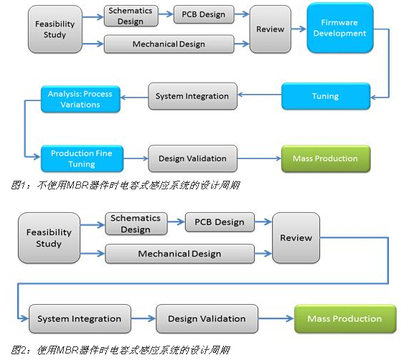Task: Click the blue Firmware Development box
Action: point(340,28)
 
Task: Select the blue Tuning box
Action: point(326,96)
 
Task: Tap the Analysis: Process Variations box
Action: point(80,99)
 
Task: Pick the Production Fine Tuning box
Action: point(83,158)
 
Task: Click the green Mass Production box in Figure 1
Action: point(326,158)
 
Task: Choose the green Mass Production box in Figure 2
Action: point(345,318)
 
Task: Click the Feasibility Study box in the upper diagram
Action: point(55,29)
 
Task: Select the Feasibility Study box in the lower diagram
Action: point(49,238)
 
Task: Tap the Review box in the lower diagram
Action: point(296,238)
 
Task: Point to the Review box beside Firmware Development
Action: point(271,29)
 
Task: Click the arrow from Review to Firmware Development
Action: point(298,29)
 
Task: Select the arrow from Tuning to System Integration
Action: point(260,95)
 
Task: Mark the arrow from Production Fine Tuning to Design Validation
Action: point(136,158)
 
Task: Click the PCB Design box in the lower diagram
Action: point(220,222)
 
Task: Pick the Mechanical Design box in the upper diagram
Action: point(169,44)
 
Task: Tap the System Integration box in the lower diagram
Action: point(80,318)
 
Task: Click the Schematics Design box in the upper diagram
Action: point(131,16)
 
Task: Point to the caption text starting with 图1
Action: point(125,185)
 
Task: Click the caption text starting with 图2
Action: point(121,350)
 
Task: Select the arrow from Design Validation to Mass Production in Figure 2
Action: point(276,318)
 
